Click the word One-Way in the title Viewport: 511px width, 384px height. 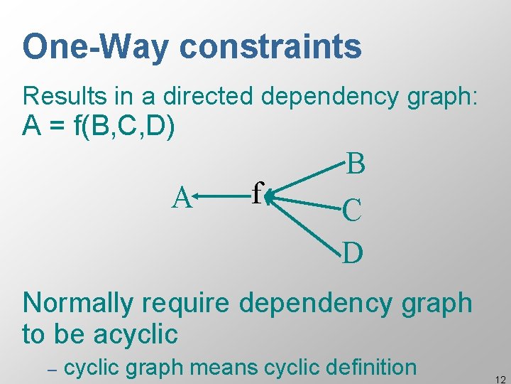pyautogui.click(x=97, y=47)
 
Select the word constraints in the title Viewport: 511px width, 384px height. pyautogui.click(x=270, y=47)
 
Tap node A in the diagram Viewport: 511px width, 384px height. pyautogui.click(x=182, y=198)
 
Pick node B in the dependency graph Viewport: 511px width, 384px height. pyautogui.click(x=356, y=164)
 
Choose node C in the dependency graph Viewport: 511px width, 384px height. pyautogui.click(x=353, y=210)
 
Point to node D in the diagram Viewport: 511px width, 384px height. pyautogui.click(x=353, y=252)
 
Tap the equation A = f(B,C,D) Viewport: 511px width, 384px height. pyautogui.click(x=99, y=127)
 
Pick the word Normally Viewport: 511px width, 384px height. pyautogui.click(x=77, y=303)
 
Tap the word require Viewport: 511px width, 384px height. pyautogui.click(x=186, y=303)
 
